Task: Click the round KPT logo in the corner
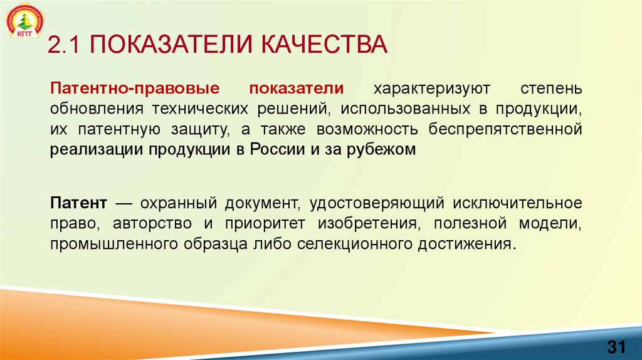tap(23, 23)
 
